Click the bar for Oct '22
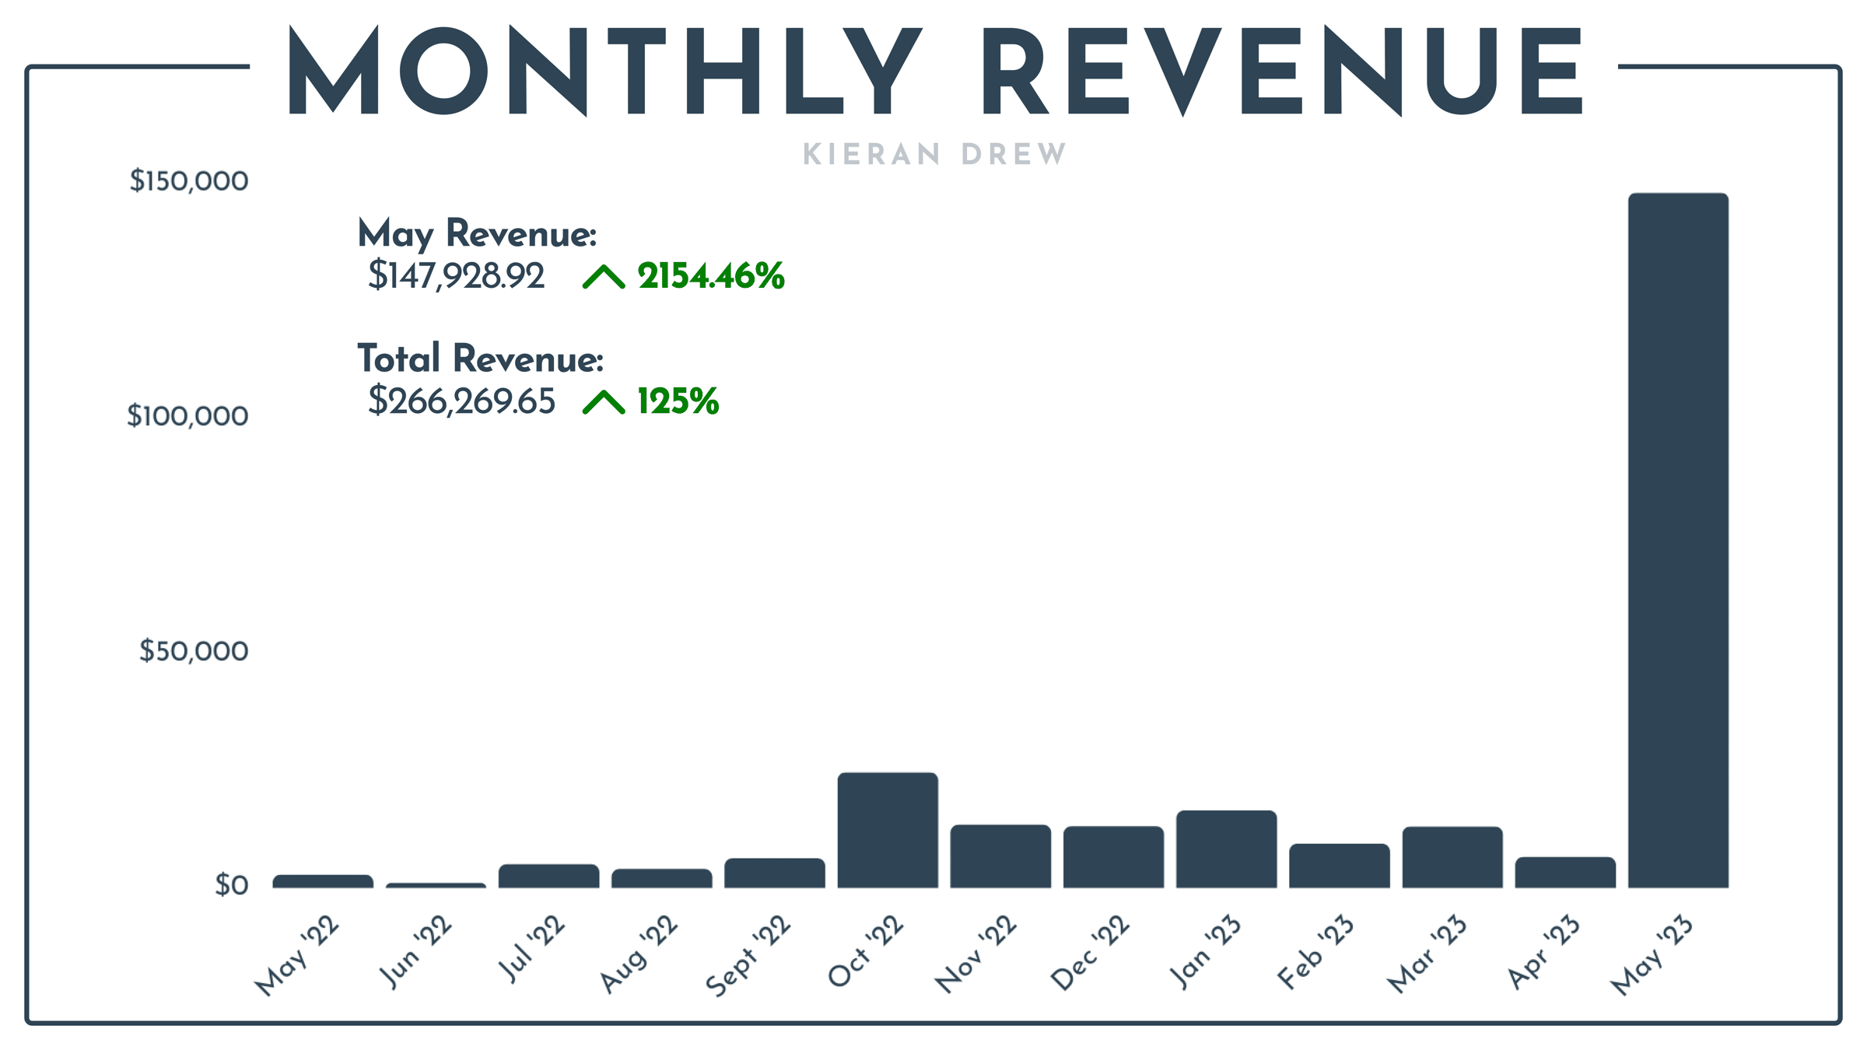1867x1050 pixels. point(888,830)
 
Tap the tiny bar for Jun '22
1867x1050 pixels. point(436,885)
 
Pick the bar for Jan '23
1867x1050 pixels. point(1226,849)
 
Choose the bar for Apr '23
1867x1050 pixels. point(1565,872)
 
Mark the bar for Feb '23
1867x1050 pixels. point(1339,866)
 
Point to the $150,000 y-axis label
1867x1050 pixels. point(189,180)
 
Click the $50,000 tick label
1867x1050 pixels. point(194,650)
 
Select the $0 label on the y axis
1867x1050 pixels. point(232,885)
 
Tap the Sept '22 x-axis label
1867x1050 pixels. point(748,956)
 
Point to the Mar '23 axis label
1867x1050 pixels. point(1427,954)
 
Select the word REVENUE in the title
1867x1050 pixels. point(1282,72)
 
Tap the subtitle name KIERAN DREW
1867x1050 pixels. point(934,154)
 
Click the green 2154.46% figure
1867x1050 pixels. point(710,276)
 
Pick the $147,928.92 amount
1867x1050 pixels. point(456,276)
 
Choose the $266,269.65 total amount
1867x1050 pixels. point(461,401)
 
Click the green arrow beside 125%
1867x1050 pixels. point(604,402)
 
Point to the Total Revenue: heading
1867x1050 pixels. point(480,359)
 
